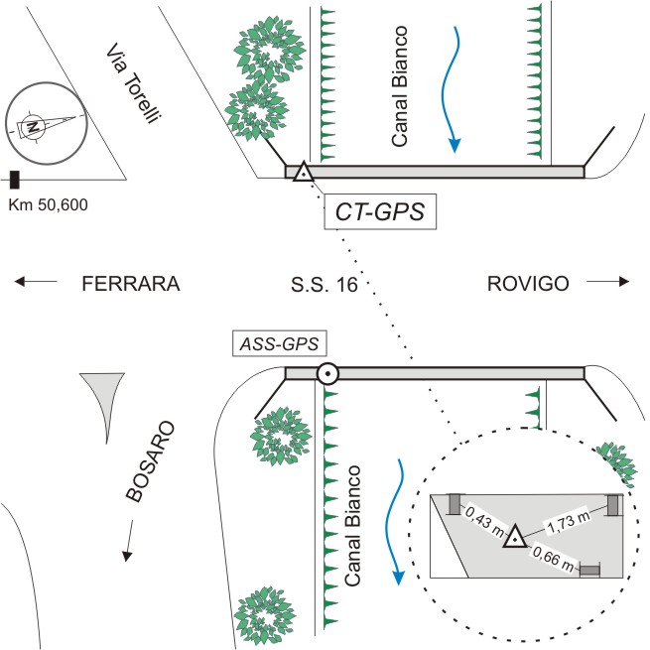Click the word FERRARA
(131, 284)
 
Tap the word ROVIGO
(528, 284)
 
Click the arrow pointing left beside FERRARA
(36, 283)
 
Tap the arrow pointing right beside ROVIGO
(608, 283)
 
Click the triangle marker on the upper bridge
(304, 173)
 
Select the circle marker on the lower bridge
(327, 374)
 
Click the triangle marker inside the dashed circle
(514, 537)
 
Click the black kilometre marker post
(15, 180)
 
